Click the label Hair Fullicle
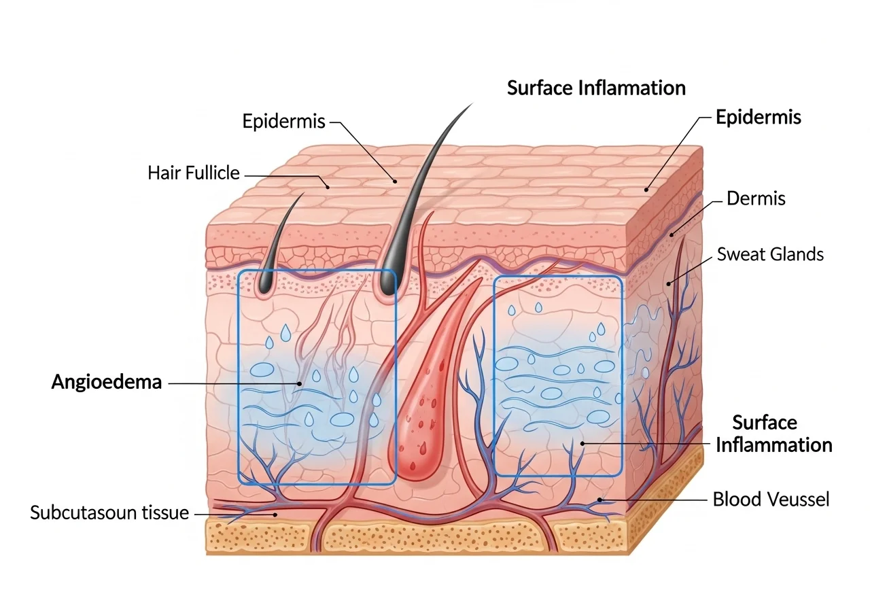pos(194,173)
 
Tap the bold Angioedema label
pos(107,382)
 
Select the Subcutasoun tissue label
pos(109,512)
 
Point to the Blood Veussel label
pos(771,500)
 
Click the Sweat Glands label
pos(770,254)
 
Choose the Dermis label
pos(756,198)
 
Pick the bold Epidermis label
pos(758,118)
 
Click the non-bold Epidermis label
pos(283,121)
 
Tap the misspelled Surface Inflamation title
pos(596,88)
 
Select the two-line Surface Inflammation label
pos(773,434)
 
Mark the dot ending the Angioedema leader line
pos(300,384)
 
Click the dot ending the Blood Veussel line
pos(600,500)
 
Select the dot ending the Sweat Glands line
pos(669,284)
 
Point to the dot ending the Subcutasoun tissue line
pos(275,515)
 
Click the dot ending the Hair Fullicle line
pos(328,187)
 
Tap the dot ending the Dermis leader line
pos(672,234)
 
